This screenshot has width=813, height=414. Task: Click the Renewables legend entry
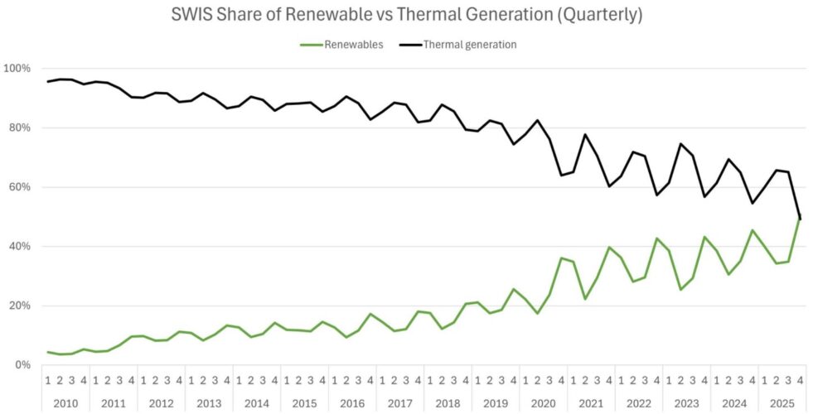pos(353,45)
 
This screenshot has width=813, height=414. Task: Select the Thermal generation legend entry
pos(469,45)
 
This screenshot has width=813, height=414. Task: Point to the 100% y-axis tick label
pos(17,68)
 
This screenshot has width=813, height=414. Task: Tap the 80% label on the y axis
pos(20,128)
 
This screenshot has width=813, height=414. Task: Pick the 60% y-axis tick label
pos(20,187)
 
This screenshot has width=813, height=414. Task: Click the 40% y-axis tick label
pos(20,246)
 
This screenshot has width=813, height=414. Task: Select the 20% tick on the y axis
pos(20,306)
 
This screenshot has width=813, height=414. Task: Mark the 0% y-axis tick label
pos(22,365)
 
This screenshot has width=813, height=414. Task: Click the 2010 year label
pos(65,402)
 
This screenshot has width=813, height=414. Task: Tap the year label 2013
pos(209,402)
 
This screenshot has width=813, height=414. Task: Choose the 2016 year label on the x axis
pos(352,402)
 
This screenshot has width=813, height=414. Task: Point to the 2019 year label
pos(495,402)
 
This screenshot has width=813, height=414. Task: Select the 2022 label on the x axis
pos(638,402)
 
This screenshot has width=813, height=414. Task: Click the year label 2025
pos(782,402)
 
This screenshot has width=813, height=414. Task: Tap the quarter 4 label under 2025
pos(800,381)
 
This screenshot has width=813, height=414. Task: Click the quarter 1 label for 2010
pos(48,381)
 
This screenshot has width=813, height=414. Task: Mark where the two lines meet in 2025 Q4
pos(800,218)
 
